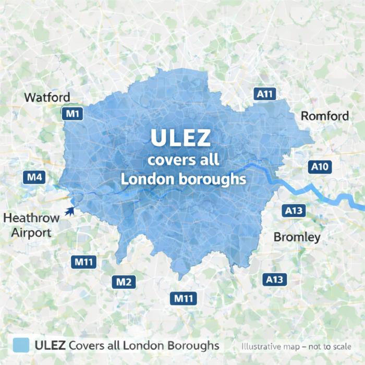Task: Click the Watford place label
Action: click(x=47, y=98)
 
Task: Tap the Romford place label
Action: click(x=325, y=116)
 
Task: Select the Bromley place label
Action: click(x=297, y=237)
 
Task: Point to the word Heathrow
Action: click(x=31, y=218)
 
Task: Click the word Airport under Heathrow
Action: click(x=31, y=233)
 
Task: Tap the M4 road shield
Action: click(x=34, y=177)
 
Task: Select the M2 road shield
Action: click(x=124, y=283)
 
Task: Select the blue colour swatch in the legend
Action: click(x=20, y=345)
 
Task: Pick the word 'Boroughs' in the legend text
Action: click(x=193, y=345)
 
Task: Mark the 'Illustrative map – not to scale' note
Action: click(x=296, y=346)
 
